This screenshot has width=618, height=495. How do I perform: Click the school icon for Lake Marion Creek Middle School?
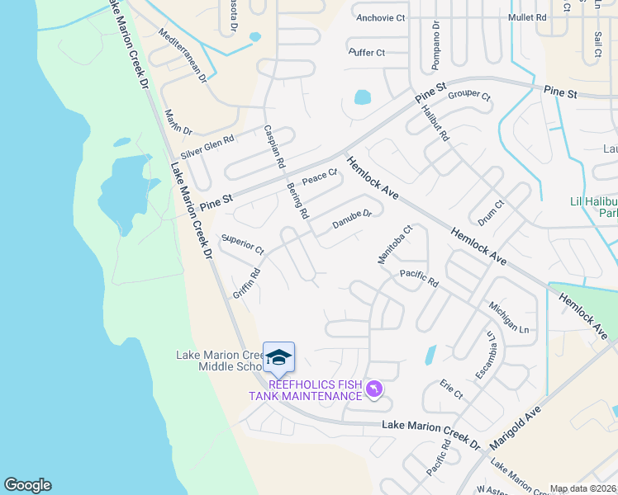point(278,357)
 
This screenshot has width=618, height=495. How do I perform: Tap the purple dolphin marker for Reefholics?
point(374,388)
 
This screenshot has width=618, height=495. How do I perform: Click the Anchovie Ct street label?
point(380,17)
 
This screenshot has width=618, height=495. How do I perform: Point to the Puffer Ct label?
point(367,53)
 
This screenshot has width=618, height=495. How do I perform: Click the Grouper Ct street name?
point(469,97)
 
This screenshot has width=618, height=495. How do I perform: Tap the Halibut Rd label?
point(434,122)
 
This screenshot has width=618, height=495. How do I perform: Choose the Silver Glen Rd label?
point(207,147)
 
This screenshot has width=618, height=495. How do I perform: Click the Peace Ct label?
point(320,177)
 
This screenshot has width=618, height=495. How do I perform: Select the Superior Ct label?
point(241,244)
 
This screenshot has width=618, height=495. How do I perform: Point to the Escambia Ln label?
point(489,355)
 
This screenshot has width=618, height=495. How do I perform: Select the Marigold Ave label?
point(515,427)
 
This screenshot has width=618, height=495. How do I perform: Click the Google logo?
point(27,485)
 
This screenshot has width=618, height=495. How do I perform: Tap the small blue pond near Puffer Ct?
point(363,97)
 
